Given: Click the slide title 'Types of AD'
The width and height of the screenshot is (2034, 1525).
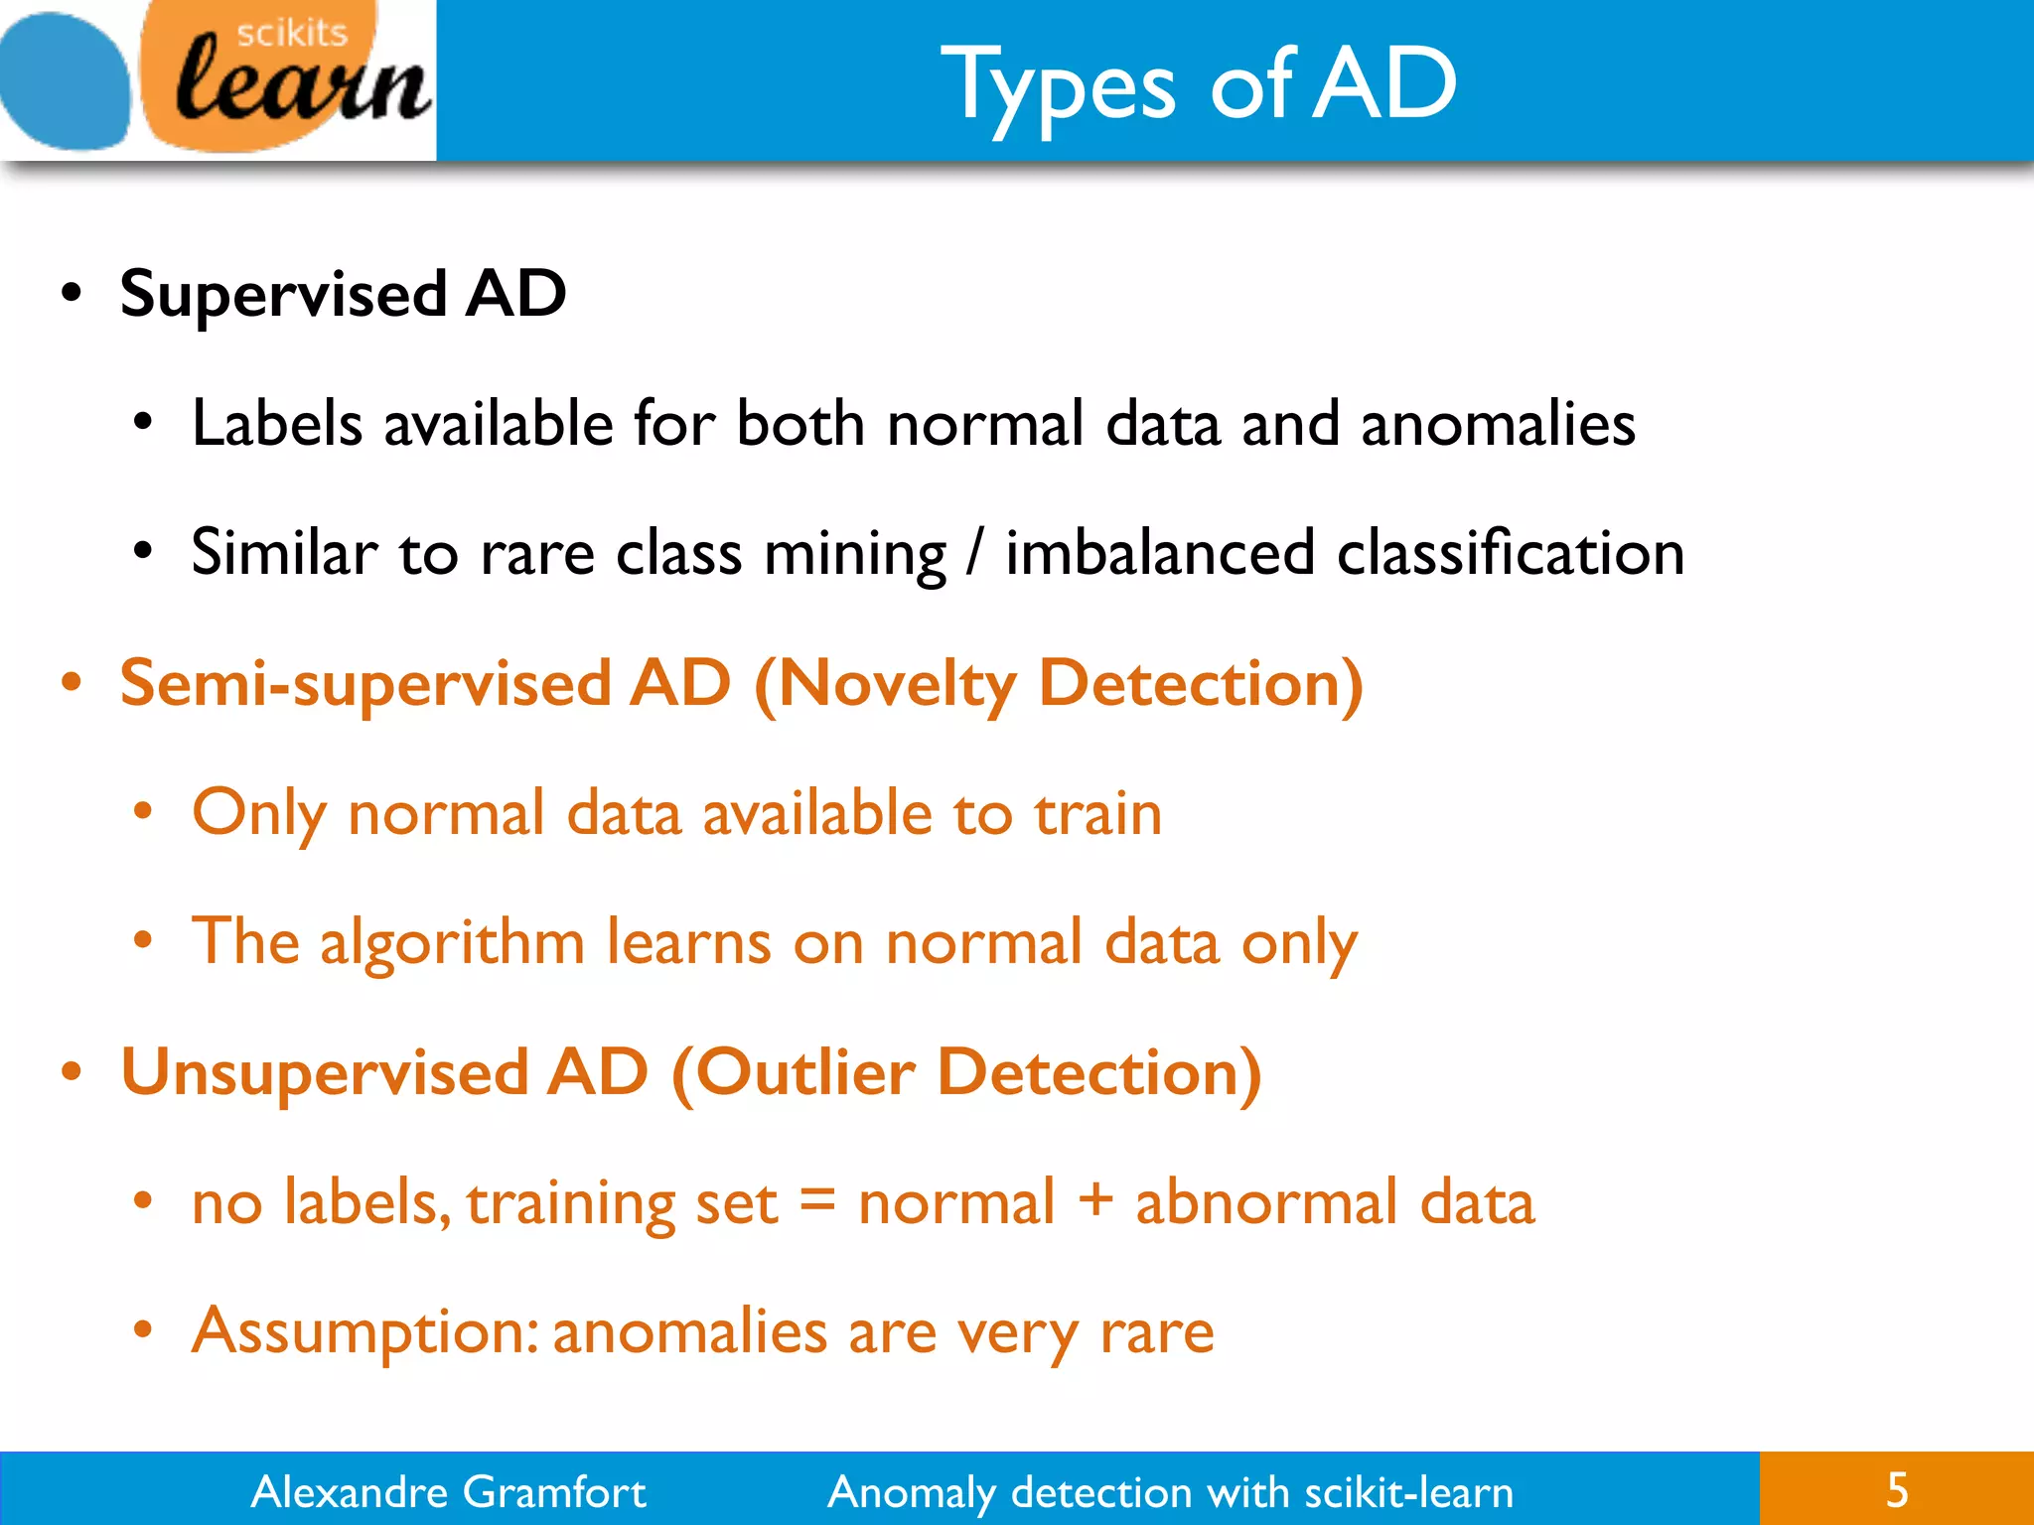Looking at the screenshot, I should tap(1198, 85).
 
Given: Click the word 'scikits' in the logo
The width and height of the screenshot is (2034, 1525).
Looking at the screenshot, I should tap(292, 33).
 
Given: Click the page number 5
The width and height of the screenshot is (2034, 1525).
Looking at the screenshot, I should tap(1897, 1490).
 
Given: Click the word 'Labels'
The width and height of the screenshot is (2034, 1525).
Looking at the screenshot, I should tap(277, 424).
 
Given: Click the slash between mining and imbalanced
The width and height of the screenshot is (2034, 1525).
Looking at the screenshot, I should tap(976, 553).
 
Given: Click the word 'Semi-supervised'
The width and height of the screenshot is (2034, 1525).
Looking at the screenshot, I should tap(364, 685).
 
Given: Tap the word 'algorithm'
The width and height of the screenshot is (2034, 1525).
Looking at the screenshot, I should tap(452, 943).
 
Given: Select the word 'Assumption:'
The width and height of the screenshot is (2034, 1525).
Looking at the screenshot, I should tap(364, 1332).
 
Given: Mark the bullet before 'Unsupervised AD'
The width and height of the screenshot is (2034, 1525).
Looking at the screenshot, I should tap(71, 1073).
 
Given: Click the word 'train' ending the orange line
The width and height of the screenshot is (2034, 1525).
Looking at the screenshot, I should tap(1097, 814).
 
